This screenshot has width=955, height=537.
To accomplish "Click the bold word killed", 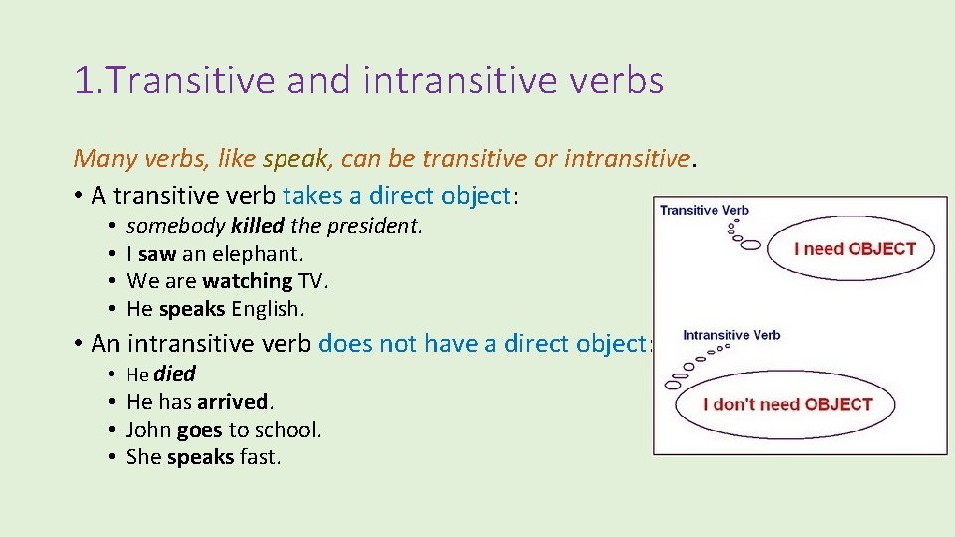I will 257,226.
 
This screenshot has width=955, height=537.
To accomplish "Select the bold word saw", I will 157,254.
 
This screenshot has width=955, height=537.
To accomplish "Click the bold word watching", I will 247,281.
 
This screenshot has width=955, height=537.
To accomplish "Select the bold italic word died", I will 174,374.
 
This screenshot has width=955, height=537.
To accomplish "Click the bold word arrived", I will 233,402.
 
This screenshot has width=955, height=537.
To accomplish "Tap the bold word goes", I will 199,430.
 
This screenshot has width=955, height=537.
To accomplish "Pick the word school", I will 287,430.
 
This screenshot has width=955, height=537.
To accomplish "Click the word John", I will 148,430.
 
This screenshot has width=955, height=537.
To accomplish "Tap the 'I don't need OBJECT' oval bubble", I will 787,404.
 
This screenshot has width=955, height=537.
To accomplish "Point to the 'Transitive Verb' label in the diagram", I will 704,210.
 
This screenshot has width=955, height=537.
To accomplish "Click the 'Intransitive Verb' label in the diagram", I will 731,335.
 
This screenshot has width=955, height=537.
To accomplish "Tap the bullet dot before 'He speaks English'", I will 115,309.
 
